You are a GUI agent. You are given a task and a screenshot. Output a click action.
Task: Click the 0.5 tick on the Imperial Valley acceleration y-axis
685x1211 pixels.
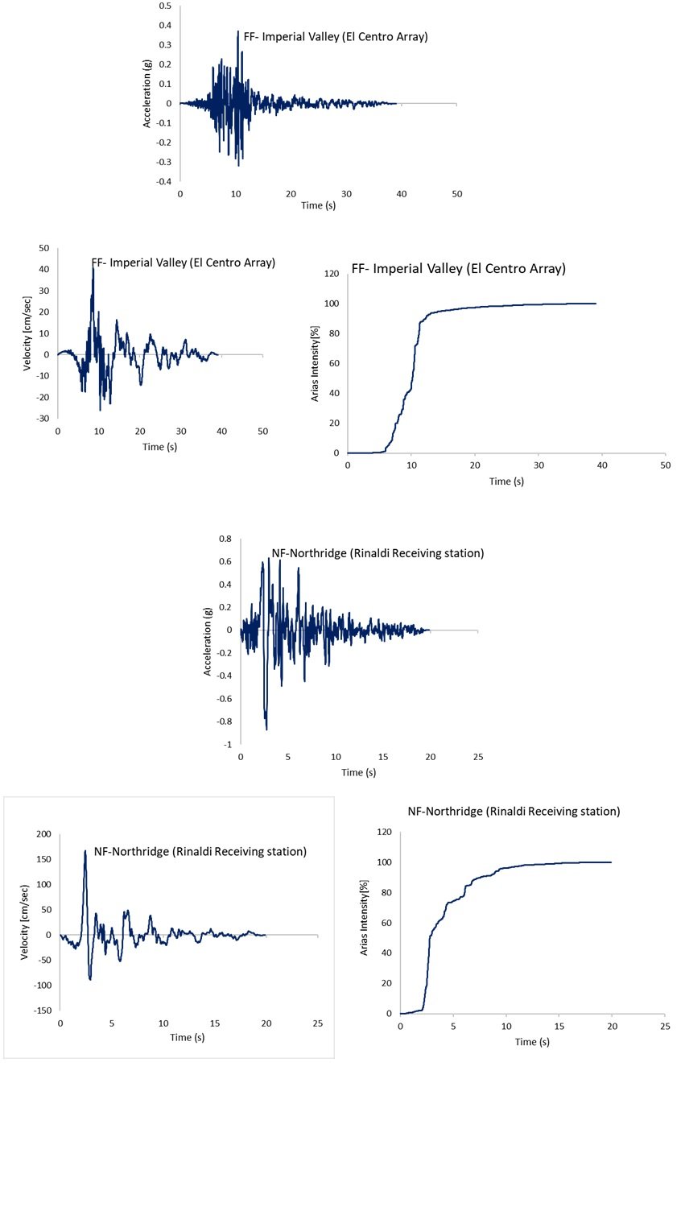point(165,6)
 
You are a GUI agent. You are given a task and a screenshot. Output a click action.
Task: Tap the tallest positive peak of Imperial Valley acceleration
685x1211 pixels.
point(238,31)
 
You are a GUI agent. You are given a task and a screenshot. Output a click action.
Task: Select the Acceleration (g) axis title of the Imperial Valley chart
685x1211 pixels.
point(146,93)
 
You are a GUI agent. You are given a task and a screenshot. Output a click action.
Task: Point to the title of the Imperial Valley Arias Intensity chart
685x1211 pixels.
point(458,269)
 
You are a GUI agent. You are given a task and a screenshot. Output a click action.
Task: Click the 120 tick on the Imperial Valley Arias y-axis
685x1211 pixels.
point(332,274)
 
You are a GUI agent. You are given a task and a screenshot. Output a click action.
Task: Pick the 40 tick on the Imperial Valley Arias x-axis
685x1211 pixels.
point(602,465)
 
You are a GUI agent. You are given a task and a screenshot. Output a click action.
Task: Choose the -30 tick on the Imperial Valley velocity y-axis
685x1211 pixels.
point(42,419)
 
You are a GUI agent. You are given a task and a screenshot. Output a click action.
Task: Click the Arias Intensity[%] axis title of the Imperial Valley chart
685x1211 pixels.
point(316,363)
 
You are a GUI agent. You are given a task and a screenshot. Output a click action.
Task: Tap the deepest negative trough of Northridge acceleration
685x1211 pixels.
point(266,729)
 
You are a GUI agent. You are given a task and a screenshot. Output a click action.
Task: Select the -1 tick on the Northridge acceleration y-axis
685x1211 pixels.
point(227,745)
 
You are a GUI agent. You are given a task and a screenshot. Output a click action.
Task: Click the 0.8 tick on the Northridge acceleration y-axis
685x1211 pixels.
point(225,539)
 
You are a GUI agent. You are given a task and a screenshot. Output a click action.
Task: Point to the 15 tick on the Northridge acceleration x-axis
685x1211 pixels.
point(383,757)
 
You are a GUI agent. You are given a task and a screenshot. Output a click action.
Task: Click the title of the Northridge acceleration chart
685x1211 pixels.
point(378,553)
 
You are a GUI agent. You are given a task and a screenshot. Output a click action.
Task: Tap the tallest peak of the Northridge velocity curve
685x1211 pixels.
point(85,850)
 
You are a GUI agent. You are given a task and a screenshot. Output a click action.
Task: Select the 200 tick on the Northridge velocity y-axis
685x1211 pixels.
point(43,834)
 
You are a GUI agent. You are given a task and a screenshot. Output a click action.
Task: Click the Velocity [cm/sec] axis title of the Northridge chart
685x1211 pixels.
point(25,922)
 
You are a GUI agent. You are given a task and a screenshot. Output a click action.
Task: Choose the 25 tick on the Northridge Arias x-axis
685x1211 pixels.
point(665,1027)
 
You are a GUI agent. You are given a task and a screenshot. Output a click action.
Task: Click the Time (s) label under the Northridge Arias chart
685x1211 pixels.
point(532,1042)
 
